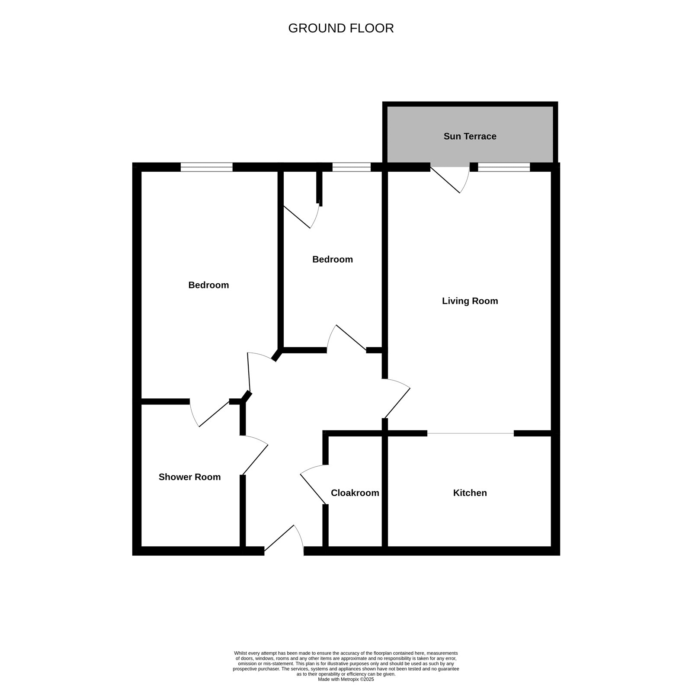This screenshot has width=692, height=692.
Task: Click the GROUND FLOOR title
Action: click(341, 28)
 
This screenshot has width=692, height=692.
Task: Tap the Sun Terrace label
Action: click(470, 136)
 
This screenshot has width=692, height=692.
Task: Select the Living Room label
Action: click(470, 301)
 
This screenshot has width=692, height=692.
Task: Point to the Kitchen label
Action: click(470, 493)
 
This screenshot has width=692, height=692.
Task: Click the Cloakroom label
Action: click(355, 493)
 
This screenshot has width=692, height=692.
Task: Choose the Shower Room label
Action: click(189, 477)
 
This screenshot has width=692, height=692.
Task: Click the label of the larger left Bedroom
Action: click(208, 285)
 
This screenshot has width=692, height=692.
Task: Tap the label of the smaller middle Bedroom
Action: click(332, 259)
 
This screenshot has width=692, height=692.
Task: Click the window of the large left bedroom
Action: click(206, 167)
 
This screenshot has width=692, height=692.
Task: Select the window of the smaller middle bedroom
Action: click(351, 167)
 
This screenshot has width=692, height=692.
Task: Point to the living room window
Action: click(504, 167)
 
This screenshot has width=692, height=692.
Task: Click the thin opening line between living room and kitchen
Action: click(471, 433)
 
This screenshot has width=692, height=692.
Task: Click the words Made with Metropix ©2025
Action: click(346, 679)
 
